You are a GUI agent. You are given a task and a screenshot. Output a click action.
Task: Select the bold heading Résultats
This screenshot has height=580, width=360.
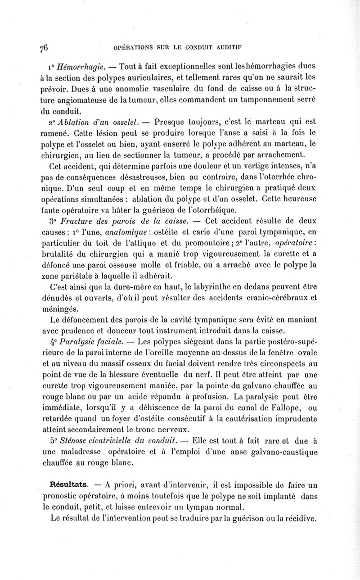click(x=69, y=485)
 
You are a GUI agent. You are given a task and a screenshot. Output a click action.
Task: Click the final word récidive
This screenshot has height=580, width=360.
click(x=298, y=518)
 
